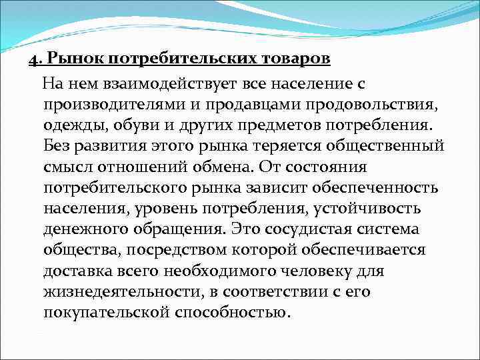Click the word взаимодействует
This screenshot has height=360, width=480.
(152, 85)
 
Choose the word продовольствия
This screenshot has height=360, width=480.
(373, 105)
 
